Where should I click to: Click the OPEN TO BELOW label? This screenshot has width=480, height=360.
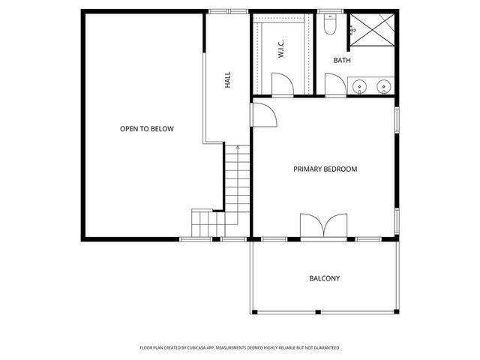tap(147, 129)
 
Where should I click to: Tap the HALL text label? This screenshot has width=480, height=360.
tap(227, 79)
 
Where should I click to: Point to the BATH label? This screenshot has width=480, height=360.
tap(342, 61)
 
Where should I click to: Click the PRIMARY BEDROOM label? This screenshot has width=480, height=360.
tap(325, 169)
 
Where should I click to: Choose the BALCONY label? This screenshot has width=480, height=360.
tap(325, 278)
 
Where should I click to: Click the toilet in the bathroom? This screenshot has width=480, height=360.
tap(329, 27)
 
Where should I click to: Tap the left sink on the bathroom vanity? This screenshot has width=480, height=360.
tap(361, 86)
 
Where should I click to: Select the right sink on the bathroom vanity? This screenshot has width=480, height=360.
tap(384, 86)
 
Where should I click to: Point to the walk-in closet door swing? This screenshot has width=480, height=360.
tap(282, 85)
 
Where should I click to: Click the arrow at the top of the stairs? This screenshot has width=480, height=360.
tap(237, 148)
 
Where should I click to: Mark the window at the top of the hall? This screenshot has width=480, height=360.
tap(228, 11)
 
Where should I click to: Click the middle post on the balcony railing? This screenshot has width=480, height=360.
tap(325, 311)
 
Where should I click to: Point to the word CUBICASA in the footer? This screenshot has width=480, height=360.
tap(202, 348)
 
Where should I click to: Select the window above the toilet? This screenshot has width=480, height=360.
tap(329, 11)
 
